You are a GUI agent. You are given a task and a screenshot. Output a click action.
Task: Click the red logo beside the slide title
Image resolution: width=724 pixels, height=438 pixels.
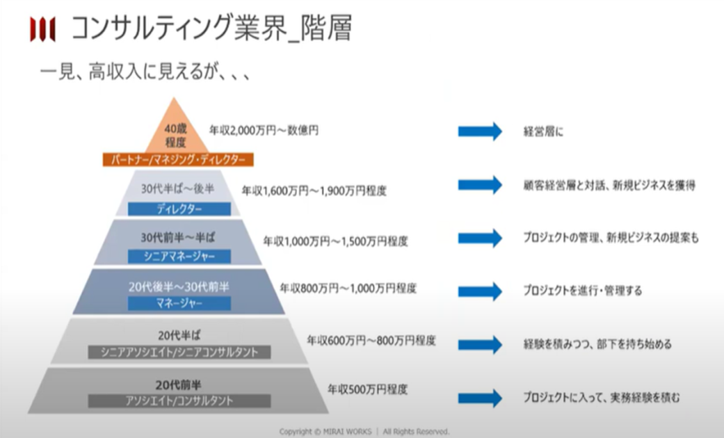pos(42,29)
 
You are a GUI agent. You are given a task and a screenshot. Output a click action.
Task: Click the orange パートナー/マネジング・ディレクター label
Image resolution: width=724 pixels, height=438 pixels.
pos(178,160)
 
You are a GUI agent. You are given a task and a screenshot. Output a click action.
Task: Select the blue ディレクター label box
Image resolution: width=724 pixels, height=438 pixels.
pos(179,209)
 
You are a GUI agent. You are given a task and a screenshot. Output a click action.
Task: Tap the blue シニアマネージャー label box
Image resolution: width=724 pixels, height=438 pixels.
pos(179,257)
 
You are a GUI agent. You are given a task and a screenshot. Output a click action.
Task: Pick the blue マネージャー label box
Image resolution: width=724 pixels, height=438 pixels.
pos(179,303)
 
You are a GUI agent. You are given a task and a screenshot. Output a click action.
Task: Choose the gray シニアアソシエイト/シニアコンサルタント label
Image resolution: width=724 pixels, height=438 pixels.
pos(179,352)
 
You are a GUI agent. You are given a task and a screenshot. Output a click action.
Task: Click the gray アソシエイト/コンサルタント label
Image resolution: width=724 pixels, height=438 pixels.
pos(179,400)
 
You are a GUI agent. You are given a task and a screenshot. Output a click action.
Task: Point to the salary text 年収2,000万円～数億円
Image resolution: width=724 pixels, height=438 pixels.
pos(264,131)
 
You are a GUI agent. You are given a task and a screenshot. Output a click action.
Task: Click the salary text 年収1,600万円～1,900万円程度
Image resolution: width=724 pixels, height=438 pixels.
pos(314,190)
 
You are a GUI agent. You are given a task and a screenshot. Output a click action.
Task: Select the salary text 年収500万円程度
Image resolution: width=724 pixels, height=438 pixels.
pos(367,389)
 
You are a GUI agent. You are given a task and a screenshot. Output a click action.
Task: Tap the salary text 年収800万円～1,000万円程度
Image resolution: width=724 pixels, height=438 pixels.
pos(348,289)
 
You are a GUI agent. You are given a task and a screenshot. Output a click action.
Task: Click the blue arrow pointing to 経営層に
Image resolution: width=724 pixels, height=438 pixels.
pos(480,131)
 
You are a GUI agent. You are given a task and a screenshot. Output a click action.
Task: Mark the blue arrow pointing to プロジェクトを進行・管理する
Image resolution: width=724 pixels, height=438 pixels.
pos(480,291)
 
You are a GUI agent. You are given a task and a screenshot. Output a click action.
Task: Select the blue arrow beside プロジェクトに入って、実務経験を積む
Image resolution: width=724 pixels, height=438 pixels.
pos(480,398)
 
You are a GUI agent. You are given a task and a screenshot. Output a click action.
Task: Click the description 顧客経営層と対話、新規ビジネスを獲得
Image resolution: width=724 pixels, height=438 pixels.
pos(609,186)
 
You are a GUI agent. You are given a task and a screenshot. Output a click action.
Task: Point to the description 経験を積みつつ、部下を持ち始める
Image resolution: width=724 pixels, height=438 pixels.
pos(597,344)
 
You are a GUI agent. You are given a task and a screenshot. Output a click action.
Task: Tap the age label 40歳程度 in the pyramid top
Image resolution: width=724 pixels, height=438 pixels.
pos(175,136)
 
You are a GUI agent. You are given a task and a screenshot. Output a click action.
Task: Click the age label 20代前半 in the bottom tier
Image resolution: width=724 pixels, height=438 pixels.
pos(178,384)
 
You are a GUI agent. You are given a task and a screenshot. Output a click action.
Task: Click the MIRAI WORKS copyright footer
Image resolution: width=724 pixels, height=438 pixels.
pos(364,432)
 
